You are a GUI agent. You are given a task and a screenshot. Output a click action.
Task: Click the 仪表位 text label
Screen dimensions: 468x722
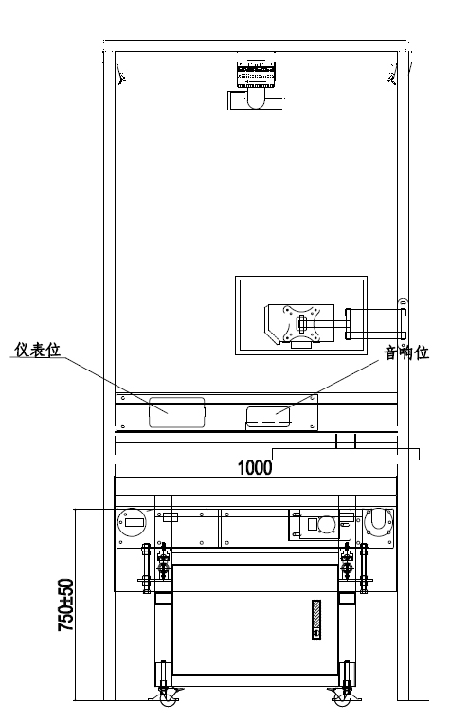pyautogui.click(x=37, y=350)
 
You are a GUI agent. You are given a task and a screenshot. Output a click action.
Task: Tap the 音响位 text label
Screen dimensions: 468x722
pyautogui.click(x=406, y=352)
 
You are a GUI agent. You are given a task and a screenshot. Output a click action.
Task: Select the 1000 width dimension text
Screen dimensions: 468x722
pyautogui.click(x=255, y=467)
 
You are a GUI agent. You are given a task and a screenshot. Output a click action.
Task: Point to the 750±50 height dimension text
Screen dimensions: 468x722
pyautogui.click(x=65, y=605)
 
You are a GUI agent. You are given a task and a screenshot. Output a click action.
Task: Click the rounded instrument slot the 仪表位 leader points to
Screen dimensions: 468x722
pyautogui.click(x=177, y=412)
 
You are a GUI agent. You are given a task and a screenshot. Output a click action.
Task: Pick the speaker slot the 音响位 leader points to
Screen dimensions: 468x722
pyautogui.click(x=268, y=417)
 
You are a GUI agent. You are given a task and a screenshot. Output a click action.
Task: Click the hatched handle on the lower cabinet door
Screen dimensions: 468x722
pyautogui.click(x=316, y=620)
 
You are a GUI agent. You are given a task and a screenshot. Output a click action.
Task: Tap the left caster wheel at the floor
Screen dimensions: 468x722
pyautogui.click(x=168, y=700)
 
